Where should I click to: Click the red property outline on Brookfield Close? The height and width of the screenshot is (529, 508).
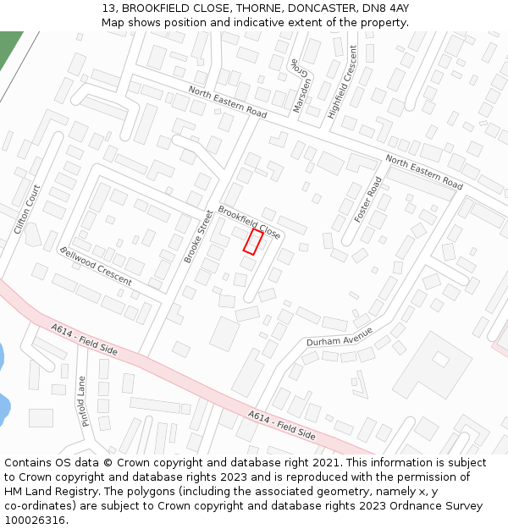(x=252, y=241)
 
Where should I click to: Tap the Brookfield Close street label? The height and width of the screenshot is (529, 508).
(x=249, y=222)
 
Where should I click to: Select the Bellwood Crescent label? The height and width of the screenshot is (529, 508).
(x=96, y=266)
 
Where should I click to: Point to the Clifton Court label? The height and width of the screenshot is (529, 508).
(x=27, y=209)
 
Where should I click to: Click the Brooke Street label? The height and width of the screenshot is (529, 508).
(x=200, y=236)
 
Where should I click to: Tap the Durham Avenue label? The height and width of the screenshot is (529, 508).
(x=340, y=337)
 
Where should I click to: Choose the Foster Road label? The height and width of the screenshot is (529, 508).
(x=368, y=200)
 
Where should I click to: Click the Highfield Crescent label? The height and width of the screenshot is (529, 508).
(x=343, y=81)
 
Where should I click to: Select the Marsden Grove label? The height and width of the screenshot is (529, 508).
(x=301, y=78)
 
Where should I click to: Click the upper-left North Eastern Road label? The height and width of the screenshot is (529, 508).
(x=227, y=102)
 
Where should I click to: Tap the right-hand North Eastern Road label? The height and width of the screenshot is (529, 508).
(x=424, y=172)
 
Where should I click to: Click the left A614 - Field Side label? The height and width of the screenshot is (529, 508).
(x=84, y=339)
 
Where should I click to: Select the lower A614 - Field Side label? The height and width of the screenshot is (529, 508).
(x=282, y=424)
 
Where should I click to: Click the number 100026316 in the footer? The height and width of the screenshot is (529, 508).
(x=34, y=520)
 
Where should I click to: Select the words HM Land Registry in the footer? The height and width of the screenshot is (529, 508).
(x=50, y=491)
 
